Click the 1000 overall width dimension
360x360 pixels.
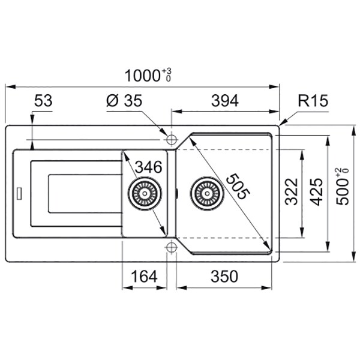tap(148, 75)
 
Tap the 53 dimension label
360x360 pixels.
tap(43, 101)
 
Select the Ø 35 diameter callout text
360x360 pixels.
tap(124, 101)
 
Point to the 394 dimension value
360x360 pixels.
tap(225, 101)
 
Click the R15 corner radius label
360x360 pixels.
tap(313, 101)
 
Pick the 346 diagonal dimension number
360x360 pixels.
tap(148, 167)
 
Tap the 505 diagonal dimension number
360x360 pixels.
tap(238, 187)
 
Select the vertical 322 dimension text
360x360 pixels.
tap(291, 191)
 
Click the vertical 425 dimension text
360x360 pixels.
tap(316, 192)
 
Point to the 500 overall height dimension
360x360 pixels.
tap(342, 186)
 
